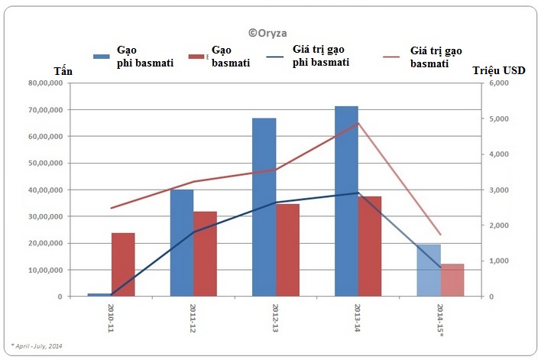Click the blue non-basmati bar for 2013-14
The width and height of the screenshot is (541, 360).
tap(346, 201)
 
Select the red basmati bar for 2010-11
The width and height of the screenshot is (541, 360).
tap(123, 264)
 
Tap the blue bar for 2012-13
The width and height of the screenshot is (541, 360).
tap(264, 207)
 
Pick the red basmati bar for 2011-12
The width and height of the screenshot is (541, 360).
tap(206, 254)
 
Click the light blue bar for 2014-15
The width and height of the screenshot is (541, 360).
tap(429, 271)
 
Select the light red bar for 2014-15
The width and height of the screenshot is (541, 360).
tap(452, 281)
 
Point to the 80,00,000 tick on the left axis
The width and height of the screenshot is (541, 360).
tap(46, 83)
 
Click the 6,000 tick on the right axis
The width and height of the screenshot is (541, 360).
tap(499, 83)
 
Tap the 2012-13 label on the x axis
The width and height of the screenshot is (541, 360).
tap(275, 318)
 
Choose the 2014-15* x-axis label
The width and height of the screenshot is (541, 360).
tap(440, 319)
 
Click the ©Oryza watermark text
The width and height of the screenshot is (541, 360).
tap(267, 33)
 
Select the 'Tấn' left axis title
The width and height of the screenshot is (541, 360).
tap(63, 71)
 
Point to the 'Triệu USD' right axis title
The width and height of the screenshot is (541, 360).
tap(499, 70)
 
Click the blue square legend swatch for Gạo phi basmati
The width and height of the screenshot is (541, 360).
tap(102, 57)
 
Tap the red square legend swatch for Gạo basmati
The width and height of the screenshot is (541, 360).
tap(196, 57)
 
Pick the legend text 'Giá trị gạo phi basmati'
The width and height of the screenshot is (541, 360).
tap(321, 56)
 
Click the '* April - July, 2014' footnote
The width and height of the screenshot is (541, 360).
tap(37, 345)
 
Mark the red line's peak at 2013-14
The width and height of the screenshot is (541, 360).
tap(358, 123)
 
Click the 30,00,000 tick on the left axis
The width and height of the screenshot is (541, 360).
tap(46, 217)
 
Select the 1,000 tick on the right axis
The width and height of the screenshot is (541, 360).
tap(499, 261)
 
